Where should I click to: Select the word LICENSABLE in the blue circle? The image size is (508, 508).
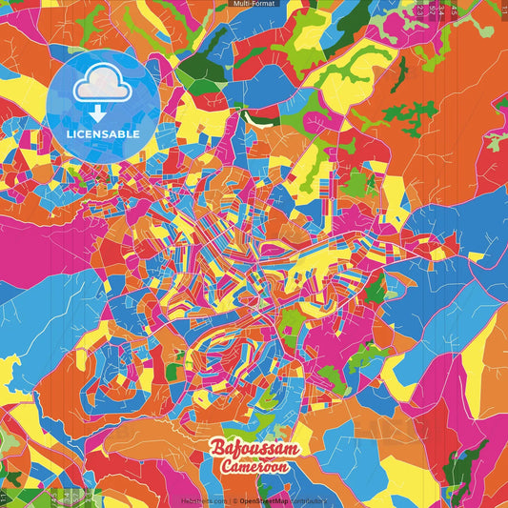click(103, 134)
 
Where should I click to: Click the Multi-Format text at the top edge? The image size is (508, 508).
click(254, 5)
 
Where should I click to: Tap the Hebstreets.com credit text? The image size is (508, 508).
click(204, 500)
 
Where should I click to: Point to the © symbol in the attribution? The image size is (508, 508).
click(234, 500)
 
